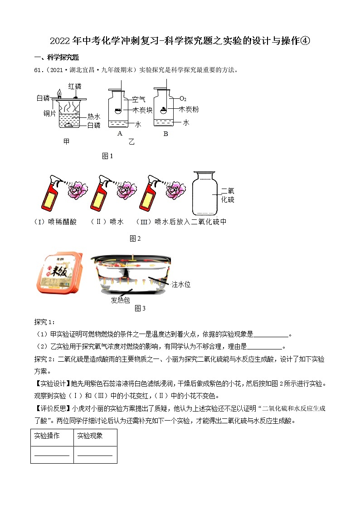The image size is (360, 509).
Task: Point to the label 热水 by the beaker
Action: pyautogui.click(x=94, y=116)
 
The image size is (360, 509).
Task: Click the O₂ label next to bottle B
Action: pyautogui.click(x=183, y=98)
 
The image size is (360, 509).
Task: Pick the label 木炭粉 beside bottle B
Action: pyautogui.click(x=189, y=109)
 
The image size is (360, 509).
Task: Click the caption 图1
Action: pyautogui.click(x=107, y=156)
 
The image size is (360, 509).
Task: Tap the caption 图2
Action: pyautogui.click(x=135, y=238)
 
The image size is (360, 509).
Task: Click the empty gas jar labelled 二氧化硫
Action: pyautogui.click(x=207, y=194)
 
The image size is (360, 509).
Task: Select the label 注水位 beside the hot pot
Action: pyautogui.click(x=181, y=284)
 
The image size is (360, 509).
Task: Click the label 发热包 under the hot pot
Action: pyautogui.click(x=120, y=300)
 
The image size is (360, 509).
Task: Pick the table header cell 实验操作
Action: pyautogui.click(x=47, y=436)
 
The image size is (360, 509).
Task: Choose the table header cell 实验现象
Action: pyautogui.click(x=90, y=436)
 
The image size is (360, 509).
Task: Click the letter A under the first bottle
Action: pyautogui.click(x=120, y=133)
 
